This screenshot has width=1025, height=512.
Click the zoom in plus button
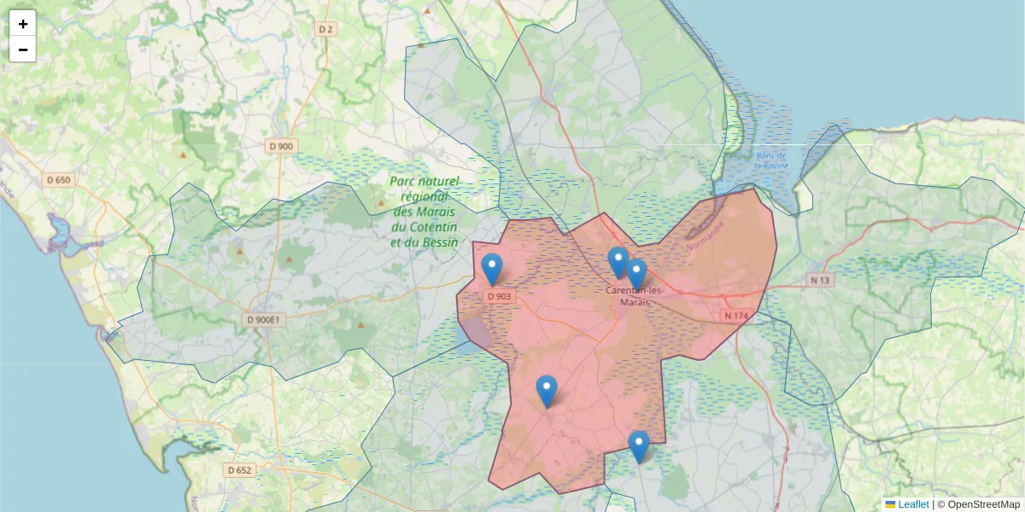pos(23,24)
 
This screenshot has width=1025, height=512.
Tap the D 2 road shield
pos(325,29)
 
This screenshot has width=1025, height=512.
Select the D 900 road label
pos(281,146)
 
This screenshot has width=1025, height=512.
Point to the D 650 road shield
pos(59,180)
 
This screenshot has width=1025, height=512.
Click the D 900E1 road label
pos(263,320)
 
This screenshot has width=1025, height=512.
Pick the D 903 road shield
pos(498,297)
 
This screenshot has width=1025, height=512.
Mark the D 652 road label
pos(240,470)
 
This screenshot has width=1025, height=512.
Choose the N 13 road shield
pos(821,280)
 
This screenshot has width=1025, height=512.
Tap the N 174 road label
pos(735,316)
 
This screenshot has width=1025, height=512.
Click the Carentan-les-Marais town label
pos(629,296)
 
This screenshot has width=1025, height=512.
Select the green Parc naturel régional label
pos(425,212)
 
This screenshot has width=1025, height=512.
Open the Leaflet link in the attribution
pos(913,504)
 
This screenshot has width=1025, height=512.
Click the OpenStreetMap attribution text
pos(983,504)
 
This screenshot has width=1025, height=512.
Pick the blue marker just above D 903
pos(492,269)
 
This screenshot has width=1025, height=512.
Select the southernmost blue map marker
pos(639,446)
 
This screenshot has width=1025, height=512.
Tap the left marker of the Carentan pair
pos(618,262)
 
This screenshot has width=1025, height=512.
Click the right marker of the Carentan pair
pos(636,274)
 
